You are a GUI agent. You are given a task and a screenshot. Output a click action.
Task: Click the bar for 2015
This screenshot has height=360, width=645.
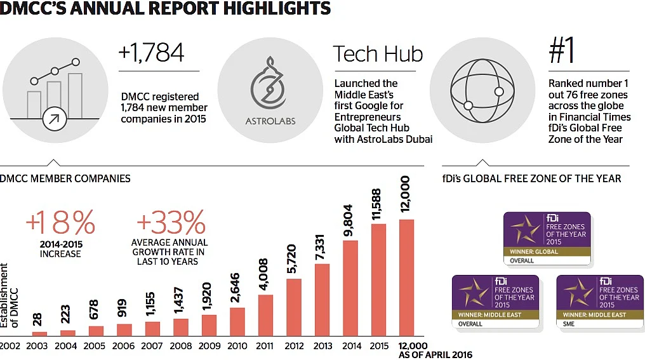pyautogui.click(x=378, y=279)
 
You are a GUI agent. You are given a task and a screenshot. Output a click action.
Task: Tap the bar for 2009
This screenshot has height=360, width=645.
pyautogui.click(x=209, y=324)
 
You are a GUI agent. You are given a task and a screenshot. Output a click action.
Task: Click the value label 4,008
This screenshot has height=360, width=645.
pyautogui.click(x=266, y=274)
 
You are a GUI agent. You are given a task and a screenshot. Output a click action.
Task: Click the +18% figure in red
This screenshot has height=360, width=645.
pyautogui.click(x=60, y=223)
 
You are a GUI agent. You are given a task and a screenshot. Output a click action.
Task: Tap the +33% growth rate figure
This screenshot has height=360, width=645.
pyautogui.click(x=170, y=223)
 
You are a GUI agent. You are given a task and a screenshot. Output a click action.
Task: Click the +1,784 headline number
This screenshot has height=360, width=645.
pyautogui.click(x=151, y=53)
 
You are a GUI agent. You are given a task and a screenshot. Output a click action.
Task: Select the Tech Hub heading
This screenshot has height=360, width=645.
pyautogui.click(x=378, y=54)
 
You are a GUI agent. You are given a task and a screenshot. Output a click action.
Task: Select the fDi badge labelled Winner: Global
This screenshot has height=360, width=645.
pyautogui.click(x=547, y=238)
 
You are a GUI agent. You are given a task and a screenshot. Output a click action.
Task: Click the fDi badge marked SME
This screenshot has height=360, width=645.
pyautogui.click(x=599, y=301)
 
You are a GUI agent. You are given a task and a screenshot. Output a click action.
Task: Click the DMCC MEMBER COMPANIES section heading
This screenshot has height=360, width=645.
pyautogui.click(x=65, y=178)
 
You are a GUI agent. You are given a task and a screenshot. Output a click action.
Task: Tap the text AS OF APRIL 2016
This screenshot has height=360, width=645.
pyautogui.click(x=436, y=355)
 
